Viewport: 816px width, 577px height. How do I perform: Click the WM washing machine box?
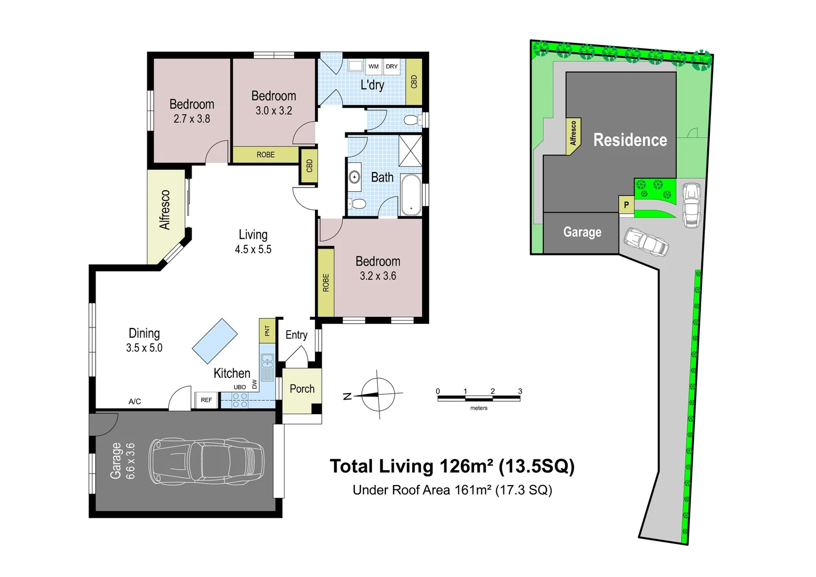374,67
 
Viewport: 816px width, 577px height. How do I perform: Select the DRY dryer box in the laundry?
392,67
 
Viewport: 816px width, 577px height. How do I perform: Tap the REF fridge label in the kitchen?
206,400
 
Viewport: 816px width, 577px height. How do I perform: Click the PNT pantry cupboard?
267,331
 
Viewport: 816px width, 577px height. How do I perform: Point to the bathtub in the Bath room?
411,194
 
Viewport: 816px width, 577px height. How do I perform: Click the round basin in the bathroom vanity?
354,177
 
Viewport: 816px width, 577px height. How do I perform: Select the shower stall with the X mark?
410,151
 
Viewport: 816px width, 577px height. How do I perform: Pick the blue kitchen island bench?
215,341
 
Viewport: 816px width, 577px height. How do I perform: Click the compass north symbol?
378,395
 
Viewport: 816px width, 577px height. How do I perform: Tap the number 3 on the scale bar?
520,391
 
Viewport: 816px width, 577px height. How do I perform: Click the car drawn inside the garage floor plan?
206,462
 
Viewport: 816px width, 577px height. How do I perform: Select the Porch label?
302,389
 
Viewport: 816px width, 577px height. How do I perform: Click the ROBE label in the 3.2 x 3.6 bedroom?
326,283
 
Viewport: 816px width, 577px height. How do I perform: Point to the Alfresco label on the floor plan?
165,210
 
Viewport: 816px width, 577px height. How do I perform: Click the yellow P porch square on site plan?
626,205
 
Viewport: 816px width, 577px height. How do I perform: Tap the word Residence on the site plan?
630,140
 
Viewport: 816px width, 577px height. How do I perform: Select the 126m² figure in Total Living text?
466,466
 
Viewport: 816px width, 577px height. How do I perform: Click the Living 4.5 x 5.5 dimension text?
253,249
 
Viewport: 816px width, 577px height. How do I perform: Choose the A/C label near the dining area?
135,402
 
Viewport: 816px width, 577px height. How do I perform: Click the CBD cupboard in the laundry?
414,81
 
